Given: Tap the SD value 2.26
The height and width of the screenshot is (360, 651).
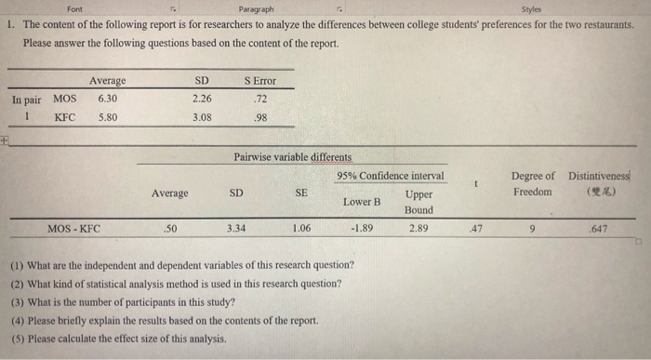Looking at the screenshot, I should (x=201, y=99).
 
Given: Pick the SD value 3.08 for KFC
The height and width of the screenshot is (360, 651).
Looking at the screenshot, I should (x=201, y=117).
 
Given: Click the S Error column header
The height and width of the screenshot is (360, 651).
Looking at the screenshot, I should (x=259, y=81).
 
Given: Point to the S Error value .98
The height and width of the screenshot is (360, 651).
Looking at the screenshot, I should (x=260, y=117).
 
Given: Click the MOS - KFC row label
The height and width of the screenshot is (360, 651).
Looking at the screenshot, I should (x=73, y=226).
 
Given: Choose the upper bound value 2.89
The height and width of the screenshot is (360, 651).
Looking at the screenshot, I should (x=418, y=226).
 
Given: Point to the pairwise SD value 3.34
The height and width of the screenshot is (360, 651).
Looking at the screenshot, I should (x=236, y=226).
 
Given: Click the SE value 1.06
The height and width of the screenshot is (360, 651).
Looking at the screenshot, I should (x=300, y=226).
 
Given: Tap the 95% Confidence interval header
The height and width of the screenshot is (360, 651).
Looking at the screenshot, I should (x=391, y=176).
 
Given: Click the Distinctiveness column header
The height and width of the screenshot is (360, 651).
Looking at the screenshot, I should (x=598, y=175).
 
